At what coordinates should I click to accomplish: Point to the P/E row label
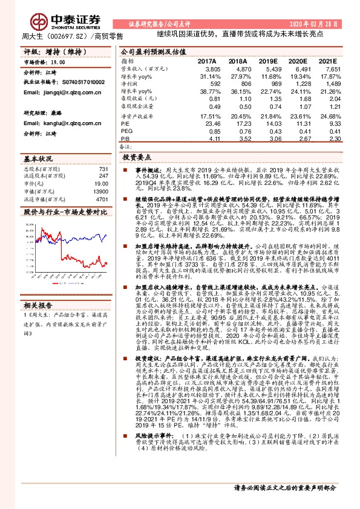tap(125, 123)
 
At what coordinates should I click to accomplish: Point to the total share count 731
tap(103, 169)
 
